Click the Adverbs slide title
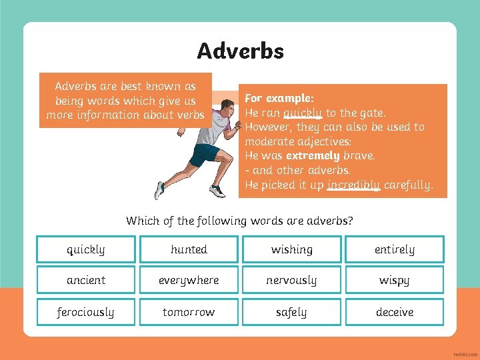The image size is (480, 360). (x=240, y=51)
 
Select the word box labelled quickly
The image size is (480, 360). (x=86, y=249)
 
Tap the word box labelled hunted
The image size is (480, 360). (x=189, y=249)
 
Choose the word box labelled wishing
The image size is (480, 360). (x=291, y=249)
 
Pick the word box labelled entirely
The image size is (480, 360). (x=394, y=249)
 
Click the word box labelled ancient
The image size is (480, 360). (x=86, y=280)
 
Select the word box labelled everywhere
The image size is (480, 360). (x=189, y=280)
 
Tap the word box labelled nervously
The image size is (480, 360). (x=291, y=280)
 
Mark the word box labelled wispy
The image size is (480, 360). (x=394, y=280)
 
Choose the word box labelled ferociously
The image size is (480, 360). (x=86, y=312)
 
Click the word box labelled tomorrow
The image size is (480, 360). (x=189, y=312)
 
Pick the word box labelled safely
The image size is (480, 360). (x=291, y=312)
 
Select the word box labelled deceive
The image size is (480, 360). (x=394, y=312)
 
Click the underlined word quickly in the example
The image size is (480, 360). (x=303, y=113)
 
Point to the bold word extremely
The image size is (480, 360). (x=313, y=155)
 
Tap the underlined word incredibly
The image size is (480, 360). (x=353, y=185)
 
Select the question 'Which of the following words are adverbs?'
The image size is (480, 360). (x=240, y=221)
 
